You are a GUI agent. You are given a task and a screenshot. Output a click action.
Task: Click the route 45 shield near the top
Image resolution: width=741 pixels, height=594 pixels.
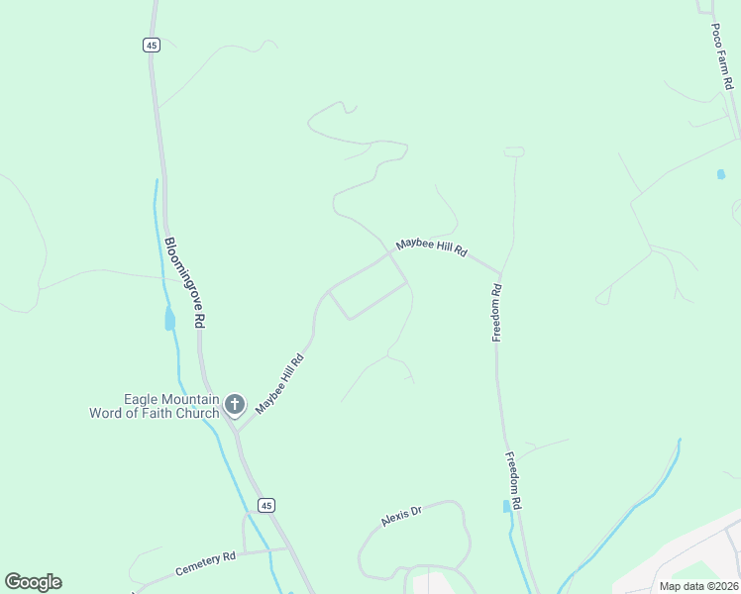151,45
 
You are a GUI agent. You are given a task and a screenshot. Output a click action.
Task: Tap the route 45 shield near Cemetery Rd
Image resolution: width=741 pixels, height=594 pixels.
265,505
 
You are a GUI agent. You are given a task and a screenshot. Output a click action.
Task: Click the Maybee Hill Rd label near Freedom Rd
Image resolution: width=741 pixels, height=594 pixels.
431,247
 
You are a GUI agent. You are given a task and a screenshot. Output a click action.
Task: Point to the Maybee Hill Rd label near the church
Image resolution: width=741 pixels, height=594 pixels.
279,384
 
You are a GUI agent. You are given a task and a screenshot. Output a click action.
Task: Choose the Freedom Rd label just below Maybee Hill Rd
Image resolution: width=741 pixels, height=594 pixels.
497,313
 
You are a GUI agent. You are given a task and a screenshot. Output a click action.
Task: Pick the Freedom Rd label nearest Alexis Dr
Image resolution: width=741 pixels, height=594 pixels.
513,481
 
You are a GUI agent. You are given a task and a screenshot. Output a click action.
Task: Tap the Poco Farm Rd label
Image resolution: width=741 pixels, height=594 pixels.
721,54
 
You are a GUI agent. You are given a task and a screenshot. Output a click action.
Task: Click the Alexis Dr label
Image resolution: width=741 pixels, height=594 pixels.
401,516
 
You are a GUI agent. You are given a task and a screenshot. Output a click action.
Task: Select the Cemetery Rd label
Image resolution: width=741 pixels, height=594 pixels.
205,564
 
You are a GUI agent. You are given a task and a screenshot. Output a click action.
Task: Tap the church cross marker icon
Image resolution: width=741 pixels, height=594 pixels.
235,404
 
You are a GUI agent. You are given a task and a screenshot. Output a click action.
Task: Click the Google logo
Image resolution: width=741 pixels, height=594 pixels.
33,582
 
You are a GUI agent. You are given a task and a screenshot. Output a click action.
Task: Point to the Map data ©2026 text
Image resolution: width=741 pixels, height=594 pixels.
697,586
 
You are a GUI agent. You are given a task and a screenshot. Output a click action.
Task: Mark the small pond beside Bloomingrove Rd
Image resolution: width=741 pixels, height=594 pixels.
169,320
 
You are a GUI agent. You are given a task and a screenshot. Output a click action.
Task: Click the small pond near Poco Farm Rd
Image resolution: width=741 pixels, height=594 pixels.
720,174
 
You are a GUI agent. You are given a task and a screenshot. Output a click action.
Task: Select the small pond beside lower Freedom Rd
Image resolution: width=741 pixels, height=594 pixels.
507,506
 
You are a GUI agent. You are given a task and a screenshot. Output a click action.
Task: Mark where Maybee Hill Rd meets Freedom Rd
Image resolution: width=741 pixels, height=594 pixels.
500,274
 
